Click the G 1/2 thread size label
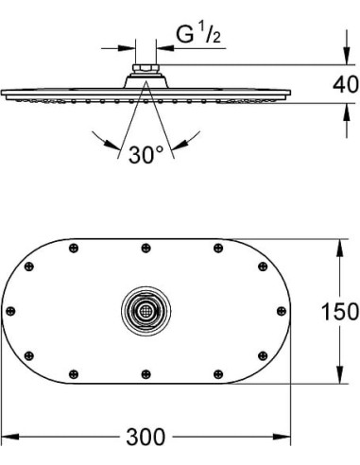click(x=198, y=34)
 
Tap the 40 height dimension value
click(x=346, y=84)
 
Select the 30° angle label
click(x=146, y=154)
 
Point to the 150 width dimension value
click(x=340, y=311)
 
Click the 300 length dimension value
click(x=146, y=437)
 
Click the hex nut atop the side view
click(x=146, y=68)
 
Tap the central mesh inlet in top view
click(x=146, y=311)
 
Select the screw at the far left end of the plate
click(x=10, y=311)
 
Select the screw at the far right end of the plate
click(x=282, y=311)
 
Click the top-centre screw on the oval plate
click(x=146, y=248)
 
